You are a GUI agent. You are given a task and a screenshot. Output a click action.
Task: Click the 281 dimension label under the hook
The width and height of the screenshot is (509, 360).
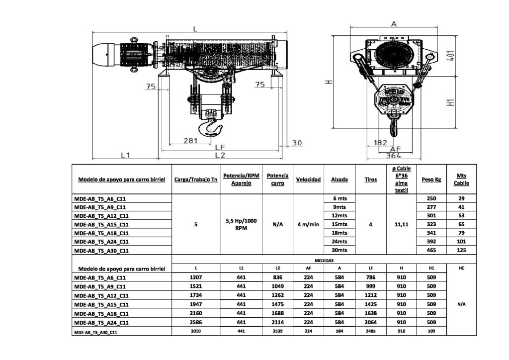coord(190,141)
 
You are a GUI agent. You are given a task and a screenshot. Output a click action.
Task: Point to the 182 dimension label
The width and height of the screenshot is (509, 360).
coord(380,143)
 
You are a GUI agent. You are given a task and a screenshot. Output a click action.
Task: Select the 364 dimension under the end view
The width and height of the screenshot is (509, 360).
coord(393,156)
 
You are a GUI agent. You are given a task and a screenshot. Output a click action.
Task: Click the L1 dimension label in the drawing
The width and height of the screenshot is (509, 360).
coord(125,155)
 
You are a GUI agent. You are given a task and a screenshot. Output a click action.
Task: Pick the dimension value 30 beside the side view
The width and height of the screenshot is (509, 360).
coord(297,143)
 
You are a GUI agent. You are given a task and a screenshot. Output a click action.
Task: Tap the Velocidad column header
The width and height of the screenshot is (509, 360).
coord(308,179)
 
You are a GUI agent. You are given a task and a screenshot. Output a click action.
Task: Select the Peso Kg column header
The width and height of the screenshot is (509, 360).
coord(431,179)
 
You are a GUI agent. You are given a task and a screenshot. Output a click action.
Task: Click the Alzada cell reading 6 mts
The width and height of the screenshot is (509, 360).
coord(339,198)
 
